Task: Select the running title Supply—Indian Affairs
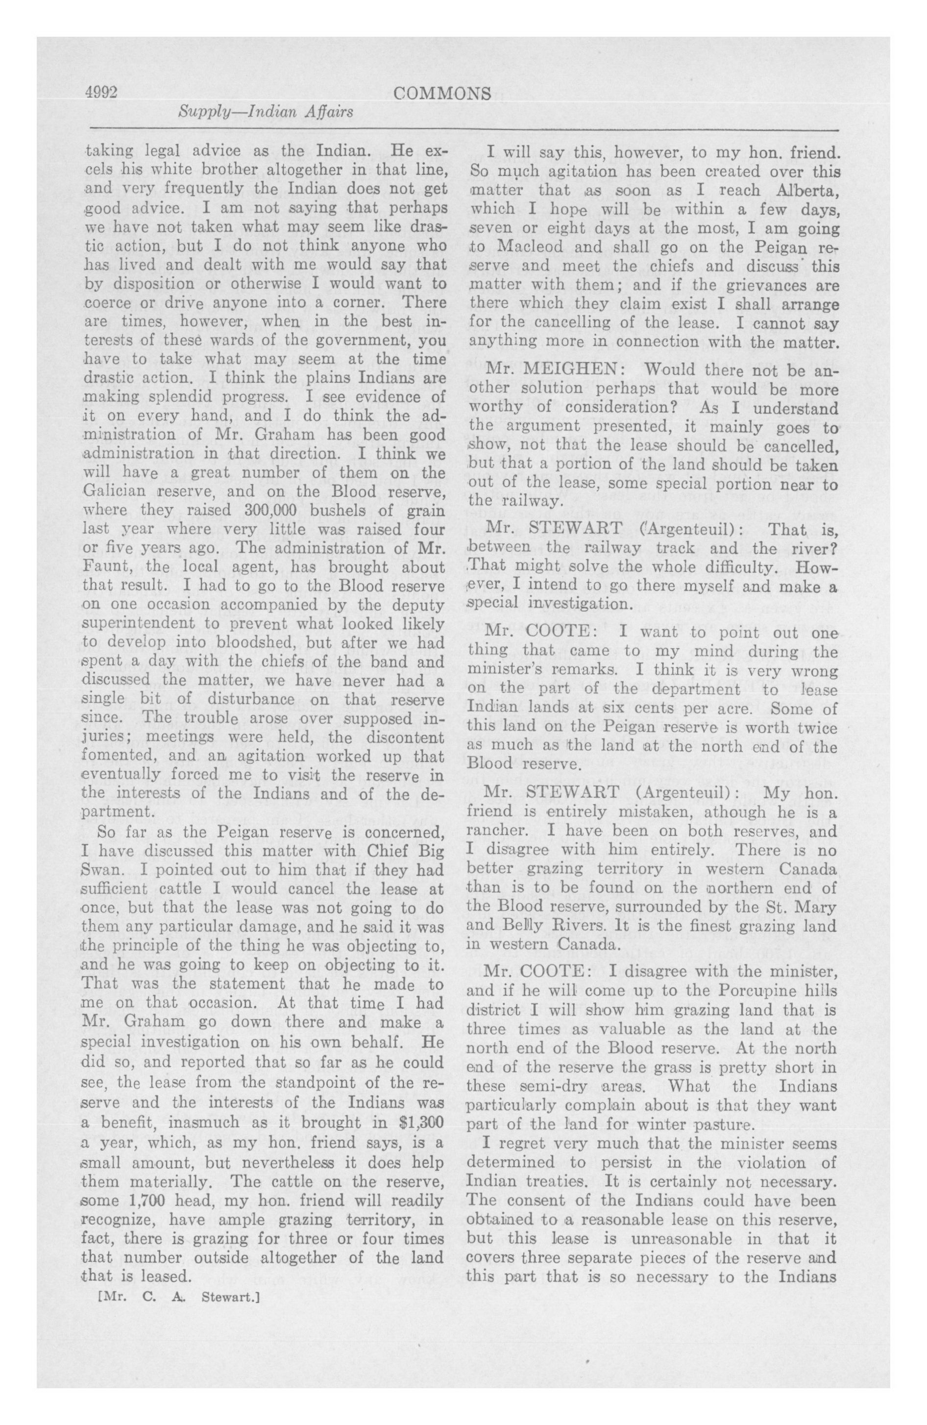[x=266, y=111]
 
